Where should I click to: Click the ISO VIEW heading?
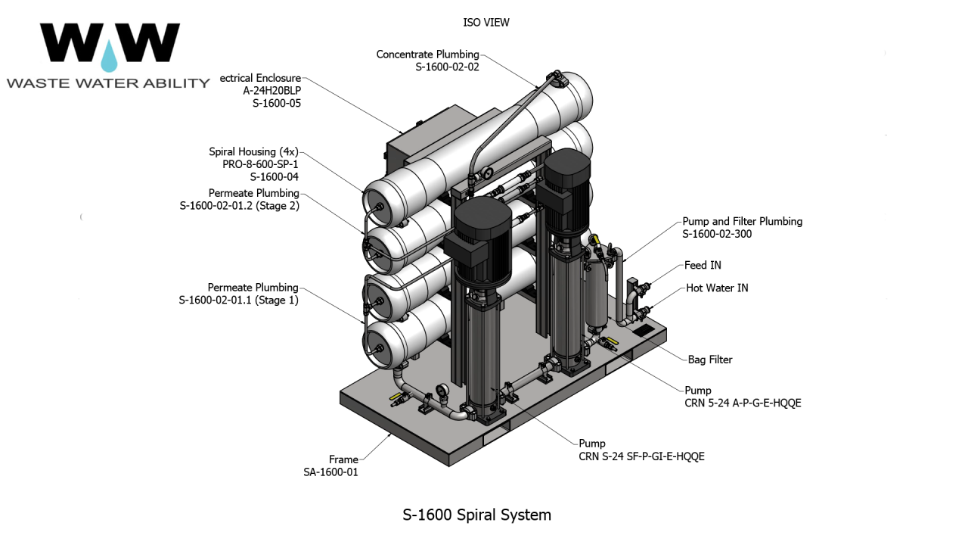pyautogui.click(x=486, y=23)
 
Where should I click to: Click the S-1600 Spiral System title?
pyautogui.click(x=476, y=515)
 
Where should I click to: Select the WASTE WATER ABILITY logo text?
pyautogui.click(x=108, y=83)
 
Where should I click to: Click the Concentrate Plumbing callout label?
pyautogui.click(x=427, y=54)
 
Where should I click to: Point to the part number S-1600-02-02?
pyautogui.click(x=447, y=67)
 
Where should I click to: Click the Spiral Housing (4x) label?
pyautogui.click(x=253, y=152)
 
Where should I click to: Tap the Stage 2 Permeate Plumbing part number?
pyautogui.click(x=239, y=206)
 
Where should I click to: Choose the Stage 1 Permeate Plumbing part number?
pyautogui.click(x=238, y=301)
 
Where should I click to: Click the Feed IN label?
pyautogui.click(x=703, y=265)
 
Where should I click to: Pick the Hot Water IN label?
pyautogui.click(x=717, y=288)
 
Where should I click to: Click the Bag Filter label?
pyautogui.click(x=709, y=360)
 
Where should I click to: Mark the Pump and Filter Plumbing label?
pyautogui.click(x=742, y=222)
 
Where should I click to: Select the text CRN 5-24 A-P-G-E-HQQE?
pyautogui.click(x=742, y=403)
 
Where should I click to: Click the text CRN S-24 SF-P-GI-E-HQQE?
pyautogui.click(x=641, y=456)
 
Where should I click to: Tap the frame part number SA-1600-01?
pyautogui.click(x=330, y=472)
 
